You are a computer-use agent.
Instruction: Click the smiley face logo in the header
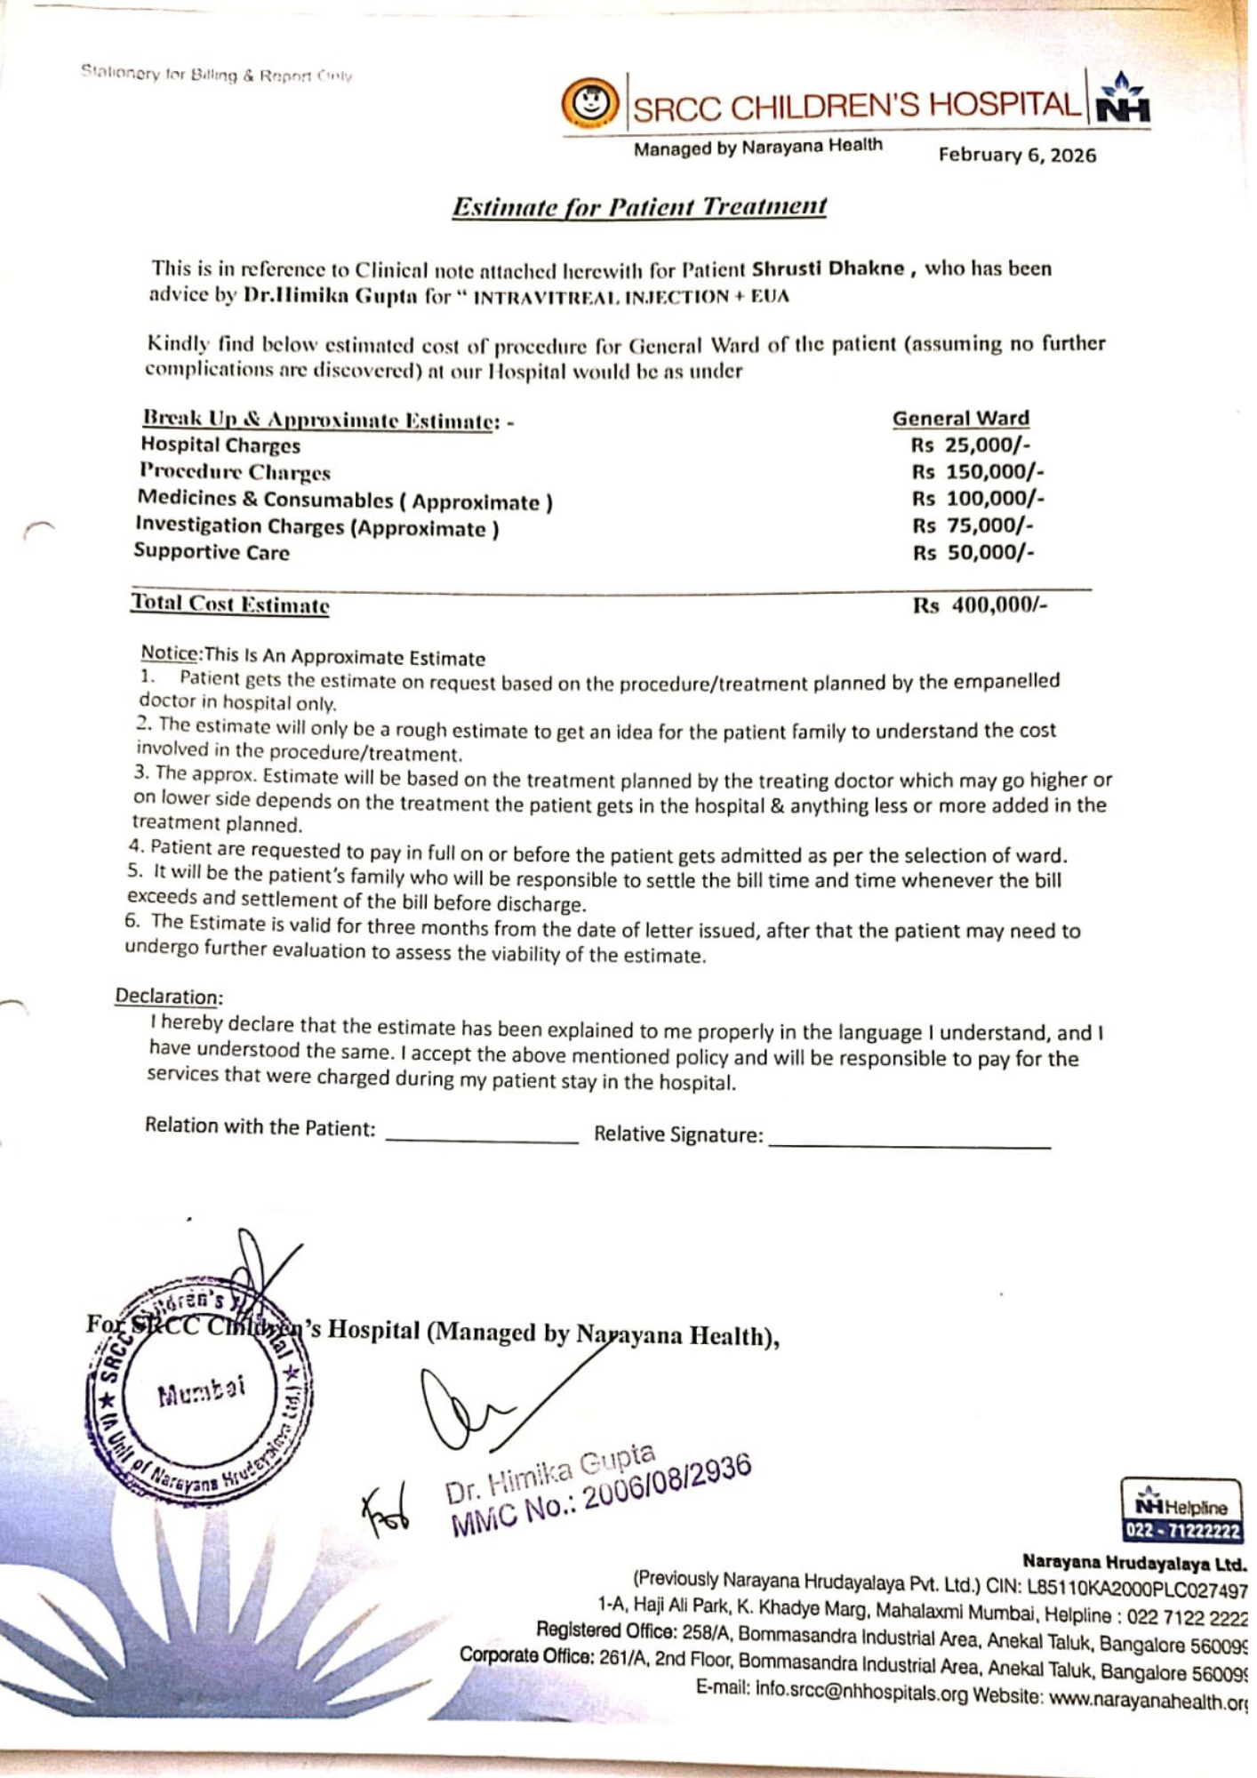(x=589, y=103)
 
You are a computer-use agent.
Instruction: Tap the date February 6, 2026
(x=1017, y=156)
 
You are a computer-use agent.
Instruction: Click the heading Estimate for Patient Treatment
(x=639, y=207)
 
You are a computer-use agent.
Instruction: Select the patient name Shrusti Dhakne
(x=828, y=269)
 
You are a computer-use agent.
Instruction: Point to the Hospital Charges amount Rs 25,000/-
(x=971, y=445)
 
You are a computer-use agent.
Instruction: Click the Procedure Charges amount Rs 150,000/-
(x=978, y=472)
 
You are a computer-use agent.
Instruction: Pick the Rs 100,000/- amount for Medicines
(x=978, y=499)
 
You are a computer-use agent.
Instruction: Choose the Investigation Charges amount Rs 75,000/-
(x=973, y=525)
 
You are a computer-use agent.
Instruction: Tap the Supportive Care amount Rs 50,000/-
(x=973, y=553)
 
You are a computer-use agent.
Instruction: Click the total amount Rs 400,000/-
(x=980, y=605)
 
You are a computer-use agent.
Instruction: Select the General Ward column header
(x=960, y=419)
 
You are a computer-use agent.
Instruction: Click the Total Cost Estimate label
(x=230, y=604)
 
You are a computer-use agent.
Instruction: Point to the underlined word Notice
(x=170, y=653)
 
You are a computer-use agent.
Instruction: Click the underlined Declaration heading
(x=169, y=997)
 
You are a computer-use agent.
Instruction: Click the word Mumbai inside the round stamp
(x=201, y=1392)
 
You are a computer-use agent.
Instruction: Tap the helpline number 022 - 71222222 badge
(x=1181, y=1531)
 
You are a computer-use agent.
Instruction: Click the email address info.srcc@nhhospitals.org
(x=861, y=1691)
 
